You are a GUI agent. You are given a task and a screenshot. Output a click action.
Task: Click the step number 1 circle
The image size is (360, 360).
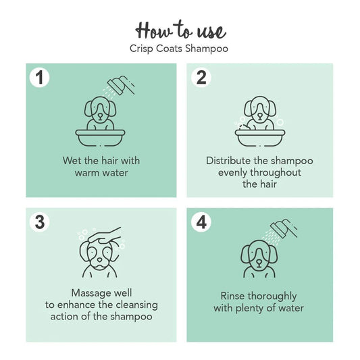41,78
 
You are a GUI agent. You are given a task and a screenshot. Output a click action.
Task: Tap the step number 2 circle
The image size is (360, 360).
201,78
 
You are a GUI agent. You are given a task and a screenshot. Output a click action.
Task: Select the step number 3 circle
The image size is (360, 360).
41,222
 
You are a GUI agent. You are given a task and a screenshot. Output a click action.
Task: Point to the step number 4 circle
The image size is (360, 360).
201,222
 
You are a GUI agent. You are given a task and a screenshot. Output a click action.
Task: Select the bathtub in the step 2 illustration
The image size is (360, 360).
261,136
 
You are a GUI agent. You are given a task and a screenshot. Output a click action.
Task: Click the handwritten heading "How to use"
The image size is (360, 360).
180,30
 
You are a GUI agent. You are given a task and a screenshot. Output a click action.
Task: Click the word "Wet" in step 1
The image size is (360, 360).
71,161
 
